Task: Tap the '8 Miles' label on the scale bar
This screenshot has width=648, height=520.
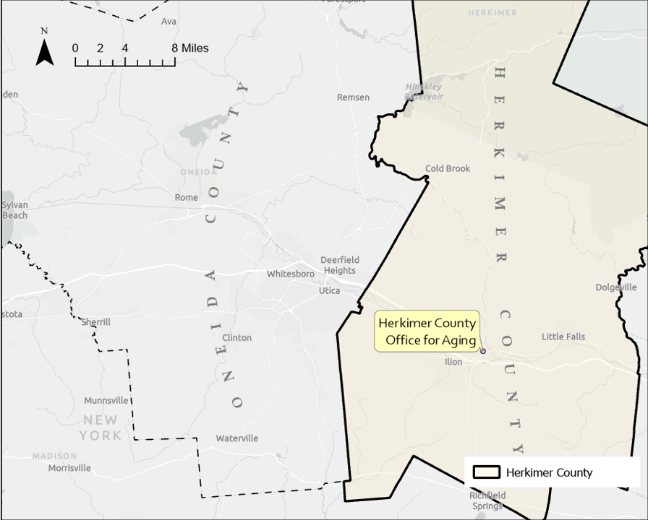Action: click(189, 48)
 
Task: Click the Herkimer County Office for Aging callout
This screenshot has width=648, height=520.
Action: click(427, 331)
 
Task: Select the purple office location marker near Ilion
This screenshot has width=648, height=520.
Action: click(483, 352)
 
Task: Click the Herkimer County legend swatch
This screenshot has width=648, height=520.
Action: click(487, 472)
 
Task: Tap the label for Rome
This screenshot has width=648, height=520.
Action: click(186, 197)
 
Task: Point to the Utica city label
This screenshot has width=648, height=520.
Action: click(329, 290)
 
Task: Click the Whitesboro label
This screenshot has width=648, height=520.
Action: click(290, 274)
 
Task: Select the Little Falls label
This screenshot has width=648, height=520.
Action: click(563, 337)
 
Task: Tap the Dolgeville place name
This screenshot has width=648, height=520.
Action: click(616, 287)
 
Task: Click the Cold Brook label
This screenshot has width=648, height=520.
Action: click(447, 168)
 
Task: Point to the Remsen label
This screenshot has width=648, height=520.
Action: click(353, 97)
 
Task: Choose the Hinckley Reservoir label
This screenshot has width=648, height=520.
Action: click(424, 91)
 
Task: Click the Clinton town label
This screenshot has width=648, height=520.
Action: click(236, 337)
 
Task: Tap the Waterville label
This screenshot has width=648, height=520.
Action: click(236, 438)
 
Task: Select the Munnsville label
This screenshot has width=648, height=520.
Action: click(106, 401)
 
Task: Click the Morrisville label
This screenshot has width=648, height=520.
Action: click(69, 468)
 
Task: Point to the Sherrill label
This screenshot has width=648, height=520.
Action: click(95, 322)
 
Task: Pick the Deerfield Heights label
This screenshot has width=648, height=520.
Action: click(339, 265)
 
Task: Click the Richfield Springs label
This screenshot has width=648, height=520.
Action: click(487, 500)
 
